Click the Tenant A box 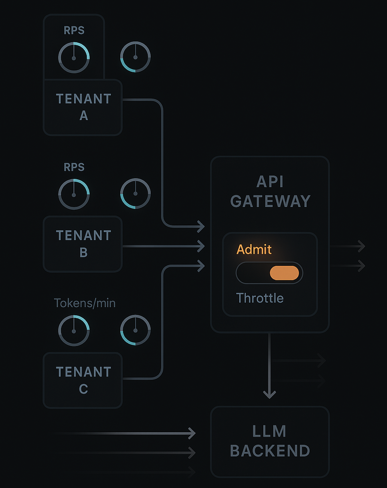click(x=83, y=107)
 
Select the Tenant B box click(x=83, y=244)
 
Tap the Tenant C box click(x=83, y=380)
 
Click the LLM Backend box click(x=270, y=442)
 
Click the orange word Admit click(x=254, y=249)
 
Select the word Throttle click(x=260, y=298)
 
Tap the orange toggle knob click(x=284, y=273)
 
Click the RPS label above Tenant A click(x=74, y=30)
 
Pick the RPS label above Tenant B click(x=74, y=167)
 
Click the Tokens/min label click(x=85, y=303)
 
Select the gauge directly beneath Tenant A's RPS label click(x=74, y=58)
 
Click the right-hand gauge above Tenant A click(x=135, y=57)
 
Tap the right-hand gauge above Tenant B click(x=135, y=194)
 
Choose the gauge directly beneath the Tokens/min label click(x=74, y=331)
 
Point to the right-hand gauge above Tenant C click(x=135, y=330)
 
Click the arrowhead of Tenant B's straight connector click(x=202, y=246)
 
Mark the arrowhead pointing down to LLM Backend click(x=269, y=394)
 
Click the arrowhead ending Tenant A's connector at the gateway click(x=202, y=226)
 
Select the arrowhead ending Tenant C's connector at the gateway click(x=202, y=266)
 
